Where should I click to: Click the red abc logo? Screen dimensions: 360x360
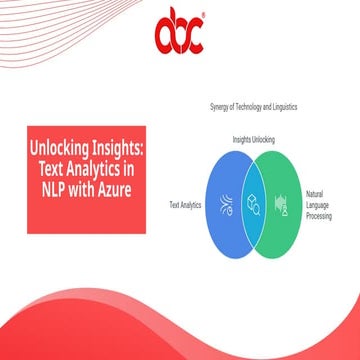pos(178,36)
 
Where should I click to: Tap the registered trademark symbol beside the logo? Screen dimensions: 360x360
pos(204,16)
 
